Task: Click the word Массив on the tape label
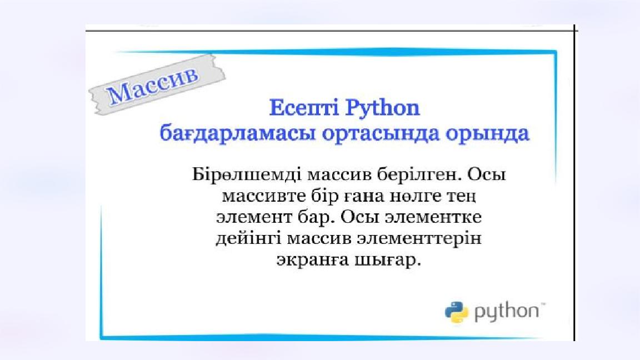(153, 85)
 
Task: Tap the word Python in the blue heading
(382, 108)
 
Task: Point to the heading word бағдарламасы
(237, 134)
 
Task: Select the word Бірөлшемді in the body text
(247, 174)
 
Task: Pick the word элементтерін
(419, 238)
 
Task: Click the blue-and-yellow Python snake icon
(457, 313)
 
